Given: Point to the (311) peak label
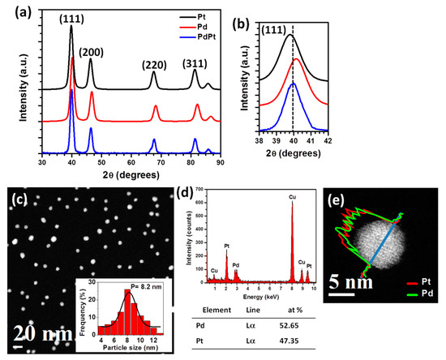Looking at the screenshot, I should click(195, 63).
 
